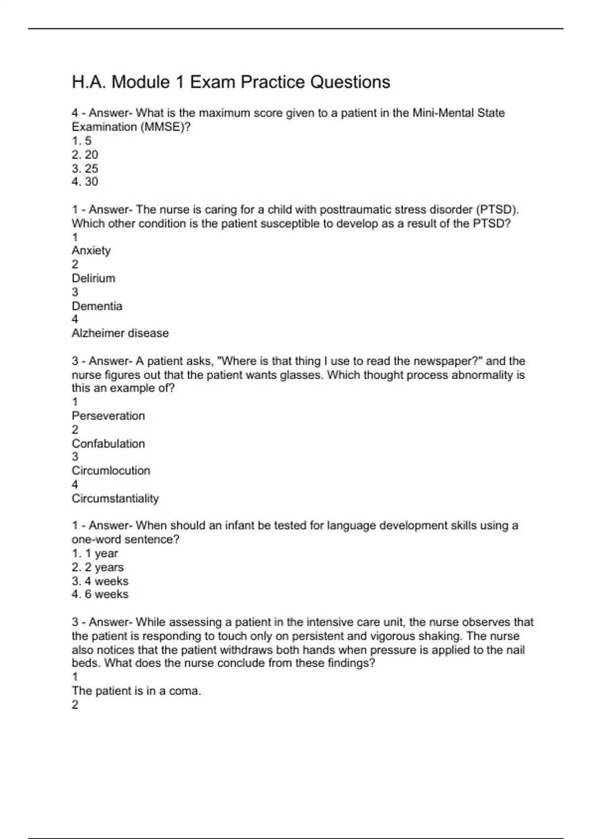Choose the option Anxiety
tap(91, 250)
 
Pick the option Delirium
tap(93, 278)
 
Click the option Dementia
tap(97, 306)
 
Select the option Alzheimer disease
tap(120, 333)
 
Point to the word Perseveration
tap(108, 416)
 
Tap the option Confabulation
tap(108, 443)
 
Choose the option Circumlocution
tap(111, 470)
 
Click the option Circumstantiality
tap(115, 498)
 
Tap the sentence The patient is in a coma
tap(136, 691)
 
